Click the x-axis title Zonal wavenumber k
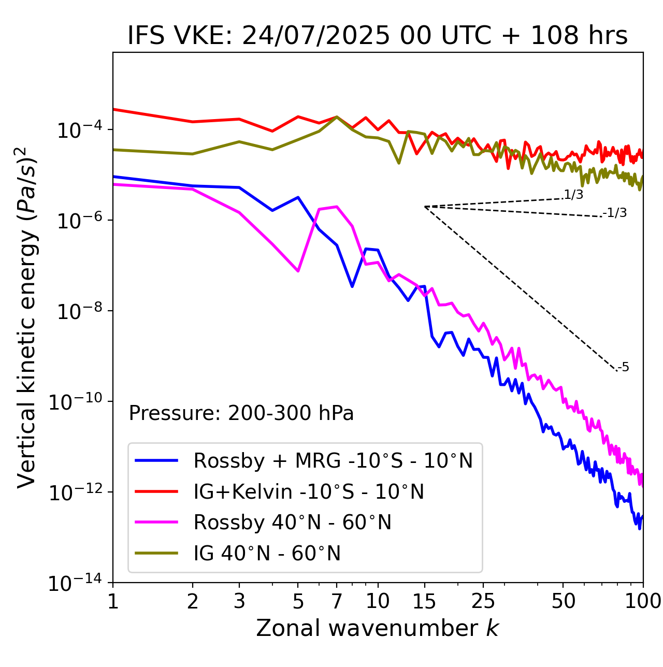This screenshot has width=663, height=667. click(378, 628)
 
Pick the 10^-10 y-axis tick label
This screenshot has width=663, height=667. click(75, 402)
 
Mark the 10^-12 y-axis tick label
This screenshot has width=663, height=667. click(75, 493)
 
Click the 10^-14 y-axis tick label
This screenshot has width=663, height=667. click(75, 584)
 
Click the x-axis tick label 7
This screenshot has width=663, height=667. click(337, 601)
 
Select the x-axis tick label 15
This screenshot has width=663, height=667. click(424, 601)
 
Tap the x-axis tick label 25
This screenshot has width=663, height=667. click(483, 601)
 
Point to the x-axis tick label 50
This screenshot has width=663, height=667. click(564, 601)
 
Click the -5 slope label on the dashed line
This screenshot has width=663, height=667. click(624, 368)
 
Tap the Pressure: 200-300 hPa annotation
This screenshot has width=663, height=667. click(241, 413)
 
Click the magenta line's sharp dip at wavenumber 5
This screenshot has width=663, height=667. click(298, 271)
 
